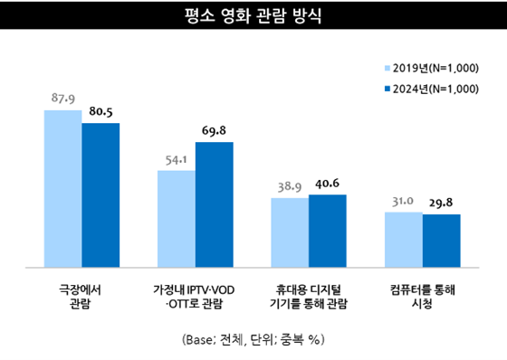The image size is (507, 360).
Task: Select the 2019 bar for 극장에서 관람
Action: click(x=62, y=189)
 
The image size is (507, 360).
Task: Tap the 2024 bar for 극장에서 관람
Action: click(x=100, y=195)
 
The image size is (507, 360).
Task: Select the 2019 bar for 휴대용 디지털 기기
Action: click(x=290, y=232)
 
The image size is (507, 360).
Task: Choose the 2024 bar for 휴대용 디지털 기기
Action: click(x=327, y=231)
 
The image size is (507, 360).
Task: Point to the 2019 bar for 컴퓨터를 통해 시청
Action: click(x=403, y=240)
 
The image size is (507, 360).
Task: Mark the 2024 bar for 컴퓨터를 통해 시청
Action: click(x=441, y=241)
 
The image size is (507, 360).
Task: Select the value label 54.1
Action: click(x=177, y=159)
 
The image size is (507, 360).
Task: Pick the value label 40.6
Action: click(x=327, y=184)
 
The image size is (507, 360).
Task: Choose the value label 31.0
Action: click(x=403, y=201)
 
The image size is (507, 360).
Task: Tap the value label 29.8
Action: click(x=441, y=203)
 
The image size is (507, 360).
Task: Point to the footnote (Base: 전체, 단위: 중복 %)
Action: click(x=253, y=340)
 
